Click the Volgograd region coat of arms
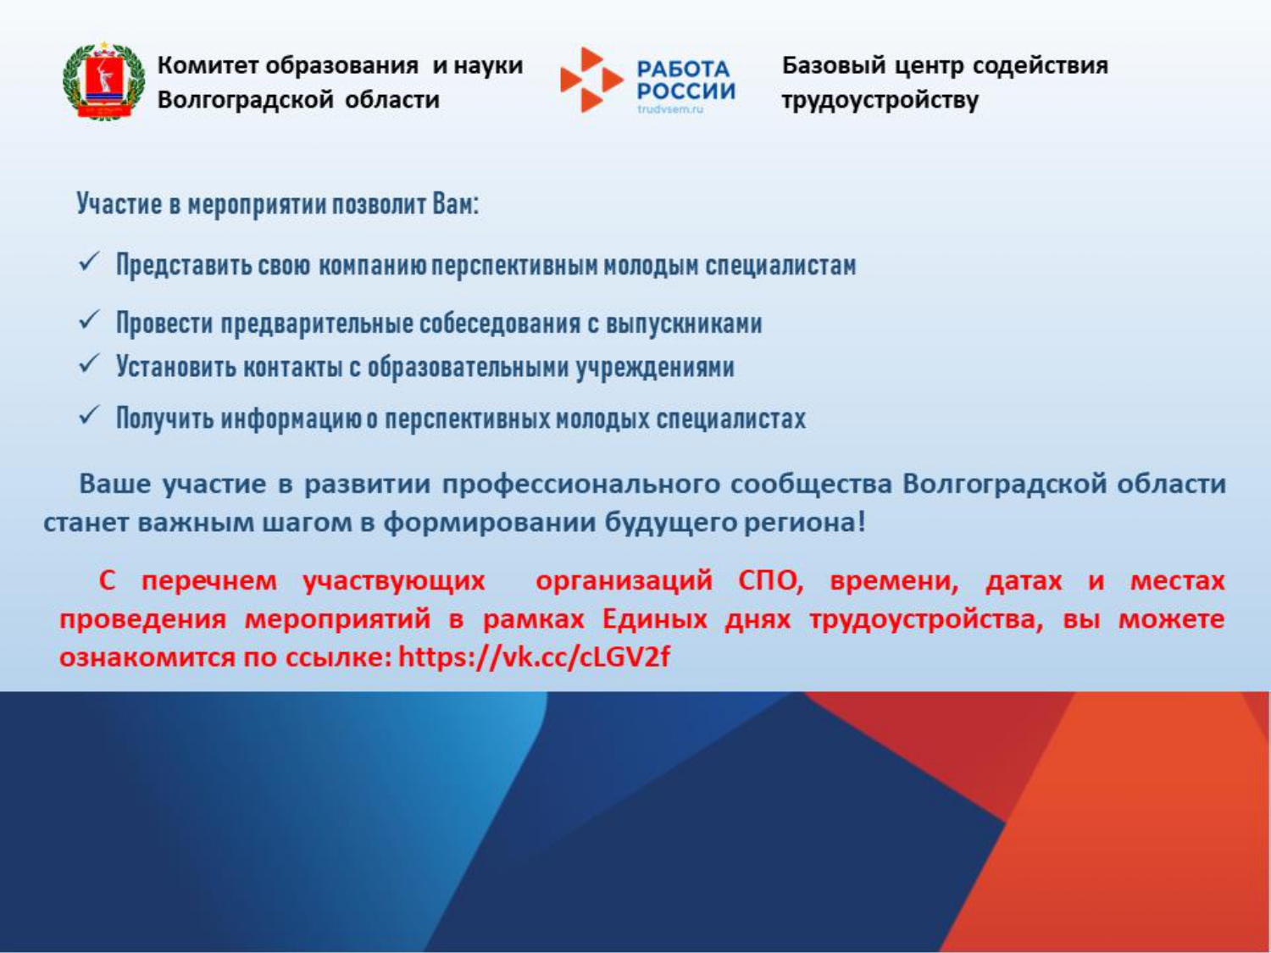(103, 80)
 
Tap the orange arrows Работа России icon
(591, 80)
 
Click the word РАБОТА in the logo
(683, 69)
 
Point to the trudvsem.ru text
(670, 108)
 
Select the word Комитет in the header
(208, 65)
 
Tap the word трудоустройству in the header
(880, 100)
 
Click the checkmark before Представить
(90, 262)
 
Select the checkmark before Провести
(90, 319)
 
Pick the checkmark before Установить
(90, 363)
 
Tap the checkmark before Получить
(90, 415)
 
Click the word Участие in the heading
(119, 203)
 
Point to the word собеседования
(500, 323)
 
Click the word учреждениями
(655, 368)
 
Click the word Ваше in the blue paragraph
(114, 484)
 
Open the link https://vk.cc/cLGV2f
(535, 657)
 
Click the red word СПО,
(771, 580)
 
